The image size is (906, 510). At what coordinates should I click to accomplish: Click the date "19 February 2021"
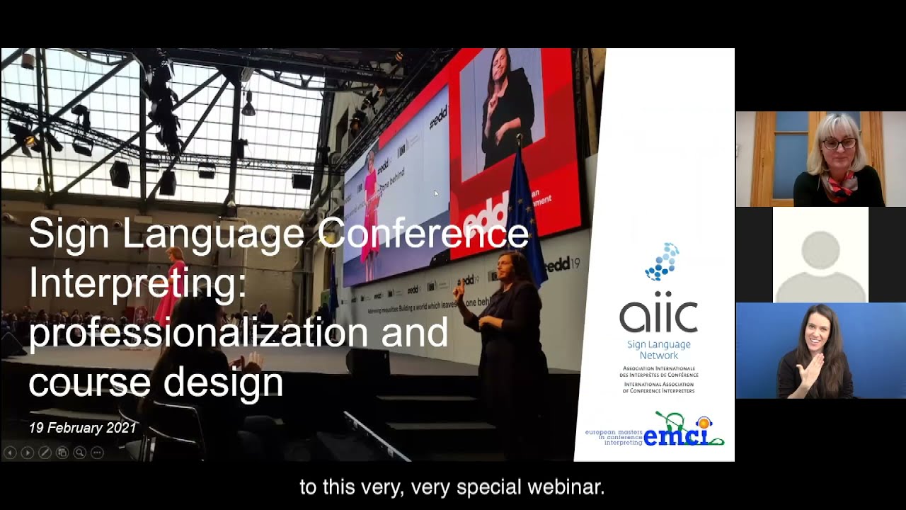coord(83,428)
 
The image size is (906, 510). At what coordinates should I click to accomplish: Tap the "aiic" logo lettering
coord(658,314)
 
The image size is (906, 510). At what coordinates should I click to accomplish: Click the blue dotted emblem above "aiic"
coord(662,261)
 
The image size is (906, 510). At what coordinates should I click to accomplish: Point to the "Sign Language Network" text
coord(658,350)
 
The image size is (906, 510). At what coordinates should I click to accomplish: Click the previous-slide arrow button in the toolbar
coord(10,452)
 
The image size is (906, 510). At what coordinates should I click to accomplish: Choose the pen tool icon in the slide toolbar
coord(45,452)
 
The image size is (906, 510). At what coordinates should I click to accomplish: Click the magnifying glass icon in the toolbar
coord(79,452)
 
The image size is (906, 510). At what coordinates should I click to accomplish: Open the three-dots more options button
coord(97,452)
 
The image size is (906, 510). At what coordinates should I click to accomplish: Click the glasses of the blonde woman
coord(839,144)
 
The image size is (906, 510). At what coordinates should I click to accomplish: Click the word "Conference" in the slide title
coord(423,234)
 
